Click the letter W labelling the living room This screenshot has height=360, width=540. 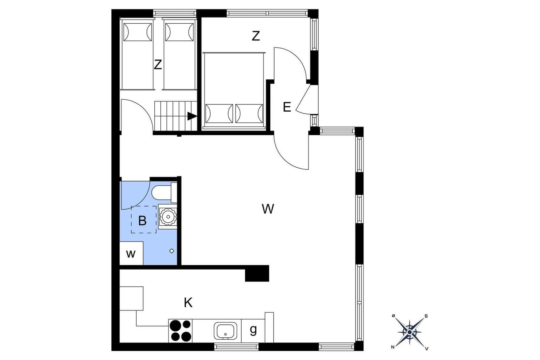coord(268,209)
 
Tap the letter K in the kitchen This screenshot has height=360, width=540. coord(188,303)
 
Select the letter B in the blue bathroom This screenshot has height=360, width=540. coord(142,221)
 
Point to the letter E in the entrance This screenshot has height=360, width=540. coord(287,107)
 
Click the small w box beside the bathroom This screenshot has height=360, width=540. coord(131,253)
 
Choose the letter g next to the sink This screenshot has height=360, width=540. coord(253,330)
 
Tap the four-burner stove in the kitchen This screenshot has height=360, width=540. coord(180,331)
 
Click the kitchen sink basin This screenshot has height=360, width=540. coord(225,331)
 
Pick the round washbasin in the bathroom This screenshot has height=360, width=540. coord(167,217)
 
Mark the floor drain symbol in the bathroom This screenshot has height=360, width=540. coord(172,251)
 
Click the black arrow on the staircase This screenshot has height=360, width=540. coord(192,116)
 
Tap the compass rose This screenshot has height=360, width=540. coord(410,332)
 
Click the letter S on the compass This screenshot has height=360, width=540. coord(426,316)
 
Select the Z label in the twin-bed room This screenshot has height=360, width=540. coord(158,64)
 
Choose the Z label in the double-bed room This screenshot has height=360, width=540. coord(256,36)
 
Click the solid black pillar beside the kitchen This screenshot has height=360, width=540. coord(257,273)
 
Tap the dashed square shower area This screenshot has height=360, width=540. coord(143,219)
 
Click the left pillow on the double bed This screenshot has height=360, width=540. coord(219,113)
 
